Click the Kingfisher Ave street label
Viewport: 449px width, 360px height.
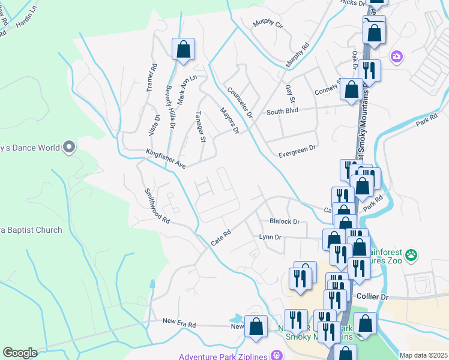pyautogui.click(x=166, y=159)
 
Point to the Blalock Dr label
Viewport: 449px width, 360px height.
pyautogui.click(x=284, y=221)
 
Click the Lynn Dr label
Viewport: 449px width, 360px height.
pyautogui.click(x=270, y=238)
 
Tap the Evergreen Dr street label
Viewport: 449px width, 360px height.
pyautogui.click(x=297, y=155)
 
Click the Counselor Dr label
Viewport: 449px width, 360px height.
pyautogui.click(x=240, y=103)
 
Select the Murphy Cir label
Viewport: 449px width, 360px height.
pyautogui.click(x=268, y=24)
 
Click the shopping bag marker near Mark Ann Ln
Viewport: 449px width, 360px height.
pyautogui.click(x=183, y=50)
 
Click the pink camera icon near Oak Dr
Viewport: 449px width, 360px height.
pyautogui.click(x=396, y=57)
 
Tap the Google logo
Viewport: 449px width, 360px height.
pyautogui.click(x=20, y=352)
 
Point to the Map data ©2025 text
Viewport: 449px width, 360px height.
pyautogui.click(x=423, y=355)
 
